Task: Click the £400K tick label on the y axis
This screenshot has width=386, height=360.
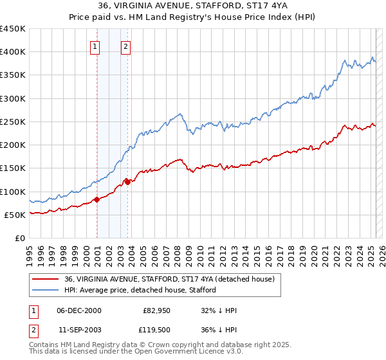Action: click(x=13, y=52)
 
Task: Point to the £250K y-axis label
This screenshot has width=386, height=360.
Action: click(x=13, y=122)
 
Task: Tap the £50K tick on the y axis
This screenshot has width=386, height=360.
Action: click(x=15, y=215)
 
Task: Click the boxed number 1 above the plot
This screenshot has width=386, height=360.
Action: click(x=95, y=46)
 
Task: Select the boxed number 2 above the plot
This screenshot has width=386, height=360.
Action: click(x=125, y=46)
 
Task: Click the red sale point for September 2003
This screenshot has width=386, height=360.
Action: click(x=128, y=182)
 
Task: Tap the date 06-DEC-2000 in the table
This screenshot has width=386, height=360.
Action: click(x=79, y=310)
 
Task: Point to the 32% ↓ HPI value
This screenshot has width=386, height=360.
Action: click(x=219, y=310)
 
